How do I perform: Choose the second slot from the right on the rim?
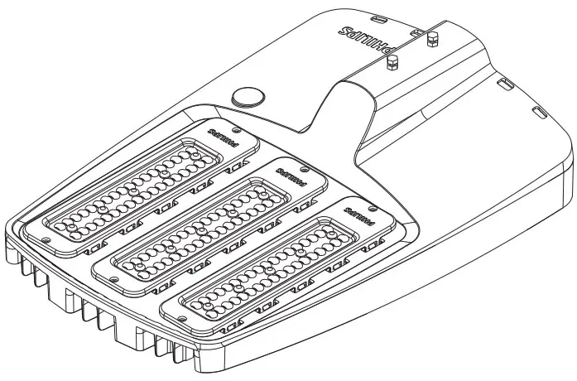coord(506,83)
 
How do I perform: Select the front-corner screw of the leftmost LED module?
coord(44,239)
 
